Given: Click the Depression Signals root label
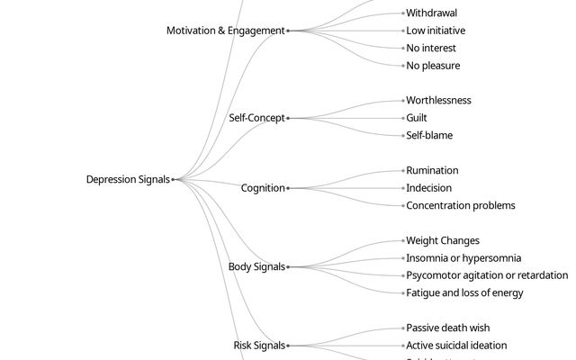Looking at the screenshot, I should tap(128, 179).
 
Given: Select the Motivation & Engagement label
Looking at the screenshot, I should tap(225, 31).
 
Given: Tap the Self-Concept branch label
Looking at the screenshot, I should tap(256, 118).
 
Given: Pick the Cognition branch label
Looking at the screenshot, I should tap(263, 188).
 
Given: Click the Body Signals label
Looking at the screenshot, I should tap(256, 266).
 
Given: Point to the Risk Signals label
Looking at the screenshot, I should tap(259, 345).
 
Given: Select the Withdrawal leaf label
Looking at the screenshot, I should tap(431, 13).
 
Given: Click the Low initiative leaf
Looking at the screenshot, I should tap(436, 31).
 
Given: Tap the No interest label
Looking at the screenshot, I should tap(431, 48).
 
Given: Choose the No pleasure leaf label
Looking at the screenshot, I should tap(433, 66).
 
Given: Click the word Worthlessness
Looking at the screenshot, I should tap(438, 100).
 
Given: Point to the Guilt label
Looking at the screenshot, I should tap(417, 118).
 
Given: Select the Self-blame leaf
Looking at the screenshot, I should tap(429, 135).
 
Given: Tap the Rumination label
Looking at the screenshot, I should tap(432, 170).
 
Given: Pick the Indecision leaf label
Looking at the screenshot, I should tap(429, 188).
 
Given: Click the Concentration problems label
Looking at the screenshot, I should tap(461, 205).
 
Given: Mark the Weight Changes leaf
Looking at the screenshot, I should tap(443, 240).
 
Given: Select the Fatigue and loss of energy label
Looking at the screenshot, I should tap(464, 292).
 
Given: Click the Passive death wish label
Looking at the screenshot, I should tap(447, 328).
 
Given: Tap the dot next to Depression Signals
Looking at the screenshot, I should tap(173, 179).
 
